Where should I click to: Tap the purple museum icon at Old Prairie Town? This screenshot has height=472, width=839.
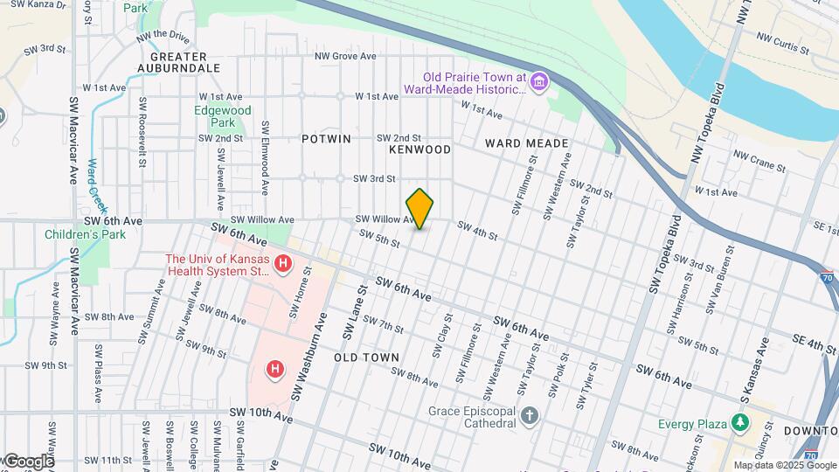coord(539,82)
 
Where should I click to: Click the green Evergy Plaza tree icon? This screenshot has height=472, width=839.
coord(741,424)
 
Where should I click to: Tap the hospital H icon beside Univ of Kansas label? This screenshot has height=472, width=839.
coord(282,263)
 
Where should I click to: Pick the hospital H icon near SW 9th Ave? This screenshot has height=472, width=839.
coord(275,370)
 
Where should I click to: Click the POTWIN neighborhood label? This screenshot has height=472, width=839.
coord(326,139)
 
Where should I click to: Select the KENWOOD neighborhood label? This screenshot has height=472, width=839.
coord(419,149)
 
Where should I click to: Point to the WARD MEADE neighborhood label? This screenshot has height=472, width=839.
coord(527,143)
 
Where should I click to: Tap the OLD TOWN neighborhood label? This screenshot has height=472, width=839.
coord(366,357)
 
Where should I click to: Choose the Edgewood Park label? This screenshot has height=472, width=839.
coord(223,117)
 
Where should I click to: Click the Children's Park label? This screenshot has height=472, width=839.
coord(86,234)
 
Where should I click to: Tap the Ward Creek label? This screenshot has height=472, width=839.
coord(92,178)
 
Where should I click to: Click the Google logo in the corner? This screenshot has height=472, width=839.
coord(28,461)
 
